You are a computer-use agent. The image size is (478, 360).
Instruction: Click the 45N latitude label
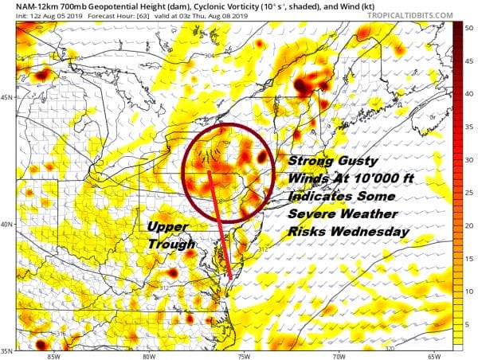(x=8, y=98)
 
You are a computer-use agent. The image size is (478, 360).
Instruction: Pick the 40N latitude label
(x=8, y=224)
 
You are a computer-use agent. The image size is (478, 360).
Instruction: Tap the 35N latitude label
(x=8, y=350)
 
